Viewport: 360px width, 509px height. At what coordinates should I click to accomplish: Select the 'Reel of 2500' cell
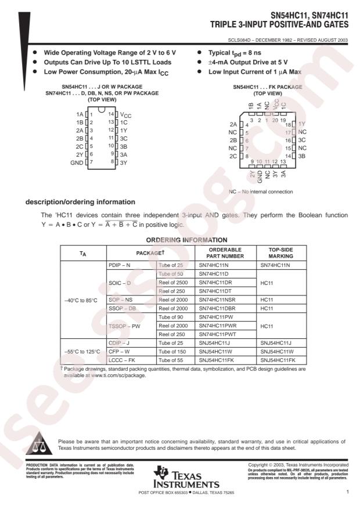pyautogui.click(x=174, y=282)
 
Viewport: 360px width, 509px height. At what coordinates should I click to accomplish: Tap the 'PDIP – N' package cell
pyautogui.click(x=121, y=265)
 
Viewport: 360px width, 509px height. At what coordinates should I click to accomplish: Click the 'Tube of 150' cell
pyautogui.click(x=174, y=352)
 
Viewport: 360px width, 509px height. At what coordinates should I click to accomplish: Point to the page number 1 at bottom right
pyautogui.click(x=347, y=492)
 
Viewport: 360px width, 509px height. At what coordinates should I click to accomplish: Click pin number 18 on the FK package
pyautogui.click(x=287, y=124)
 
